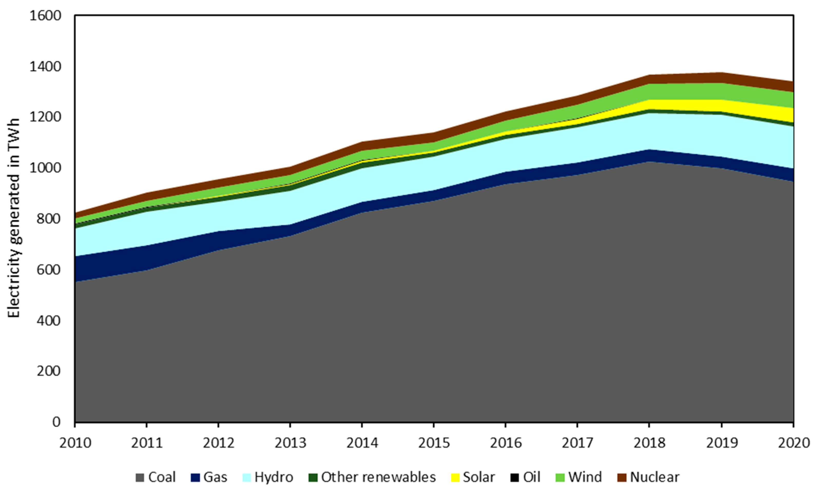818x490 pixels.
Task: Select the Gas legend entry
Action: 209,477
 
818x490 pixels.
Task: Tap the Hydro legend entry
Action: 268,477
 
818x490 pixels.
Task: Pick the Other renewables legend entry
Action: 372,477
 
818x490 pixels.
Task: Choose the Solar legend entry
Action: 473,477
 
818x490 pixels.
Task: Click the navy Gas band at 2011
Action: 147,257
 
